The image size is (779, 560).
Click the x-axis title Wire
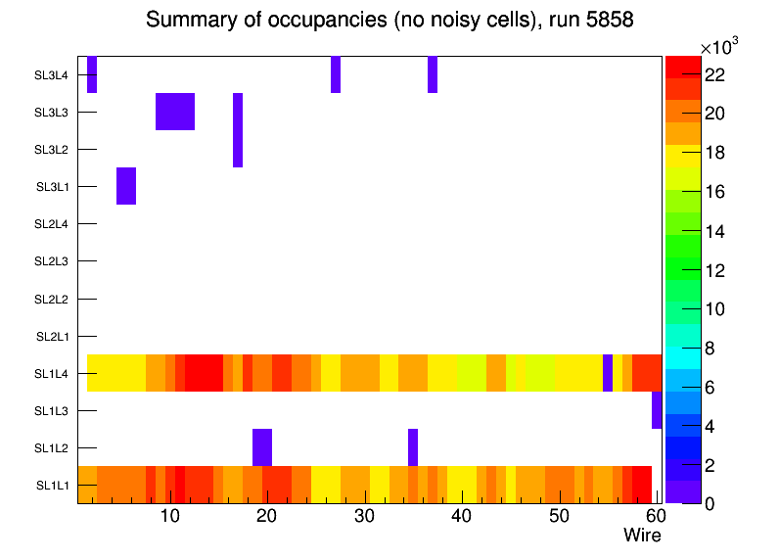[642, 536]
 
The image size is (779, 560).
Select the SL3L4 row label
[52, 75]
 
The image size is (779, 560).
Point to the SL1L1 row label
[52, 486]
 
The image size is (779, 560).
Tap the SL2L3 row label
[52, 261]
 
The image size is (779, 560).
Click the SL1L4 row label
[52, 374]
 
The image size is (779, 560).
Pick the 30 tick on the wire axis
[364, 516]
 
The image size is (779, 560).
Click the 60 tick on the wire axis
[655, 516]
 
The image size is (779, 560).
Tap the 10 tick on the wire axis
[170, 516]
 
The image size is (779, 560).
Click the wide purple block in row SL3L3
[175, 112]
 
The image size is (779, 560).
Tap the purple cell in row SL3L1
[126, 186]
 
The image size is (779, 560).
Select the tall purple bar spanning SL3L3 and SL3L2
[238, 130]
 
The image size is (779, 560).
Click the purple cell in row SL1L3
[657, 410]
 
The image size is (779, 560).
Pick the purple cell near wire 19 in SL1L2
[262, 447]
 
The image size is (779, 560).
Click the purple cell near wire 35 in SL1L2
[413, 447]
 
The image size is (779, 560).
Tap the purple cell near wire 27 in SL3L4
[336, 74]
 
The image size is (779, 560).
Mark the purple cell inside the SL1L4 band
[608, 373]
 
